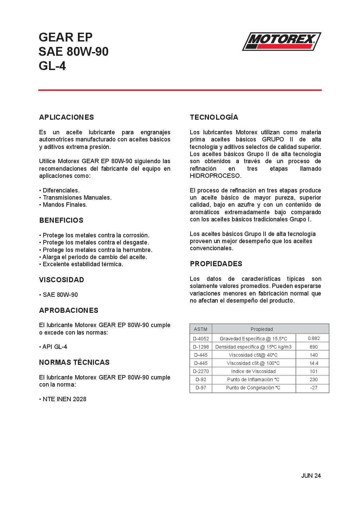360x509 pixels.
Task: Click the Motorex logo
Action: [281, 41]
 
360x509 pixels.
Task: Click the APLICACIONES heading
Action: [66, 117]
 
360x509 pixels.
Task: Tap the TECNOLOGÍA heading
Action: [214, 117]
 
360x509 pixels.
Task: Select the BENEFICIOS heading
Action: [61, 220]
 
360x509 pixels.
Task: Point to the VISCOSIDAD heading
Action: [62, 280]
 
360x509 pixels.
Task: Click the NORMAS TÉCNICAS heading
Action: [74, 362]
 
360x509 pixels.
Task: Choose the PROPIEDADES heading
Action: [216, 264]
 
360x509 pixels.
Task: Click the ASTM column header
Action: [200, 329]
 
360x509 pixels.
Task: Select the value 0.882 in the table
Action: [313, 338]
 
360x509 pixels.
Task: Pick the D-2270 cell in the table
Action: [201, 371]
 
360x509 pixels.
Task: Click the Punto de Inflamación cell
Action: [253, 379]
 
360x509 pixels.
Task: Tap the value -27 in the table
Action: [313, 388]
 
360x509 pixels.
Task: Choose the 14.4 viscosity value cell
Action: [313, 363]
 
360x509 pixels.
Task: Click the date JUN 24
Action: [311, 476]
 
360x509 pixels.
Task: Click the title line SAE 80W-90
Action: [73, 52]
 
